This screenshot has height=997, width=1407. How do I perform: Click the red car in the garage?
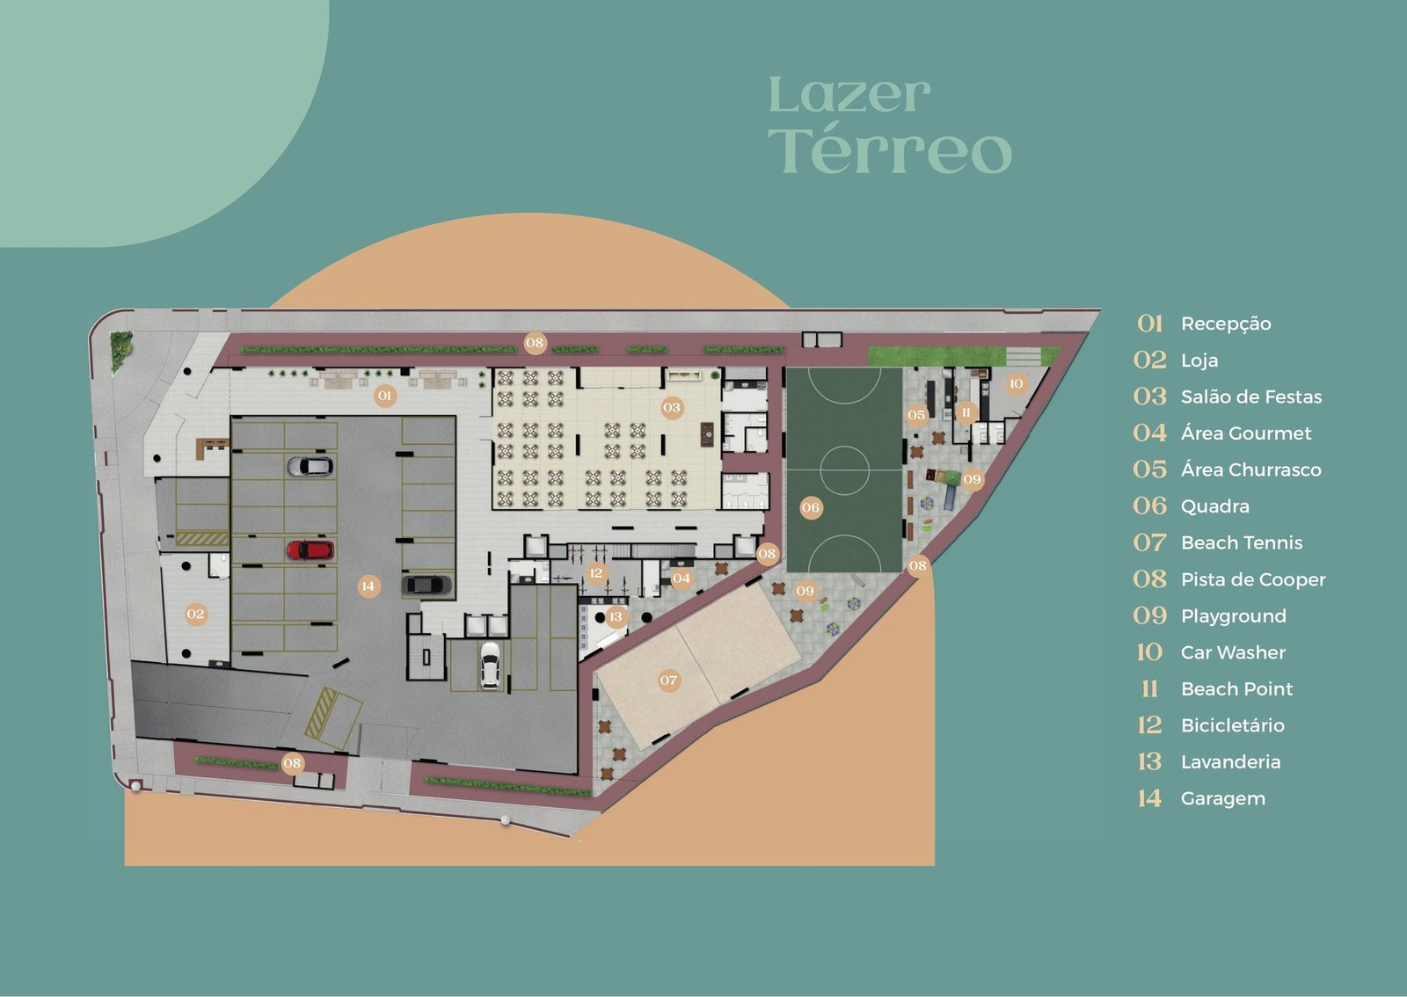pyautogui.click(x=310, y=550)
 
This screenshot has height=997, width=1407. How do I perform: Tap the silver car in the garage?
pyautogui.click(x=310, y=466)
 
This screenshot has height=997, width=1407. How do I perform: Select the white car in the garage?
pyautogui.click(x=490, y=665)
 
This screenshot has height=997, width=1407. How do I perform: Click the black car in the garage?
pyautogui.click(x=427, y=585)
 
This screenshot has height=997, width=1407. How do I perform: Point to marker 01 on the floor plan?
pyautogui.click(x=385, y=396)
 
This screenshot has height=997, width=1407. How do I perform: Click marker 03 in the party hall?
pyautogui.click(x=672, y=407)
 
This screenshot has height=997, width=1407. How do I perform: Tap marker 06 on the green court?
pyautogui.click(x=811, y=507)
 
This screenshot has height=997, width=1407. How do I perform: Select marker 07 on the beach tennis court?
pyautogui.click(x=668, y=680)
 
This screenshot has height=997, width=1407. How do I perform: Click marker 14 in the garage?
pyautogui.click(x=368, y=586)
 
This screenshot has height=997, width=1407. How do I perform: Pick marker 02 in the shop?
pyautogui.click(x=195, y=614)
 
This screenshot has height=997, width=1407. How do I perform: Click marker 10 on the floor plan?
pyautogui.click(x=1017, y=383)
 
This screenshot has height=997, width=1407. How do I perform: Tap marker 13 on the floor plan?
pyautogui.click(x=616, y=616)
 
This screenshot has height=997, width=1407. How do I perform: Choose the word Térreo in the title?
pyautogui.click(x=890, y=151)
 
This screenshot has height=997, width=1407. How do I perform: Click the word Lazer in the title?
pyautogui.click(x=849, y=96)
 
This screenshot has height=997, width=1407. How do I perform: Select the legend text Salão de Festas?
pyautogui.click(x=1251, y=397)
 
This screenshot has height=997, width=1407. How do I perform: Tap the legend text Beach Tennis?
pyautogui.click(x=1242, y=542)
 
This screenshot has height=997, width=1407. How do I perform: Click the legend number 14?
pyautogui.click(x=1149, y=798)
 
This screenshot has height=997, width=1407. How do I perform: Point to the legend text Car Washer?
pyautogui.click(x=1233, y=652)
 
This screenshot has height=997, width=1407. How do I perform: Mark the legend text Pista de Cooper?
pyautogui.click(x=1253, y=579)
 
